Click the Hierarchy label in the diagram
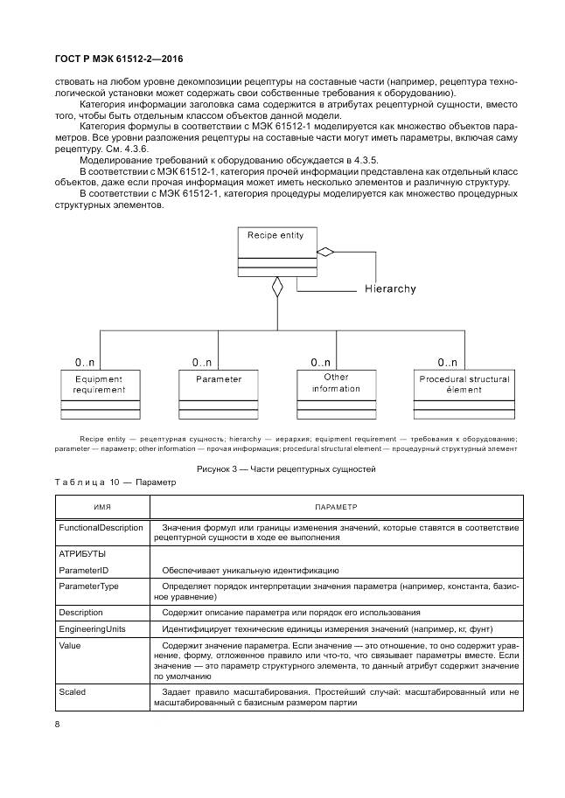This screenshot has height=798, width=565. point(390,288)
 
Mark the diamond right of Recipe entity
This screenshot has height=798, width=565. point(325,252)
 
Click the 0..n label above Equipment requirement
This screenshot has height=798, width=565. point(85,361)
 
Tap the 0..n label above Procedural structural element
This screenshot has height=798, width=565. point(448,361)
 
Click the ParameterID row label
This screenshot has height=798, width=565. point(83,570)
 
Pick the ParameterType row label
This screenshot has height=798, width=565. point(87,586)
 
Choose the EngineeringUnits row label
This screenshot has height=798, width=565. point(92,628)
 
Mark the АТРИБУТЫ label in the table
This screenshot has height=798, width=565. point(82,553)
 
